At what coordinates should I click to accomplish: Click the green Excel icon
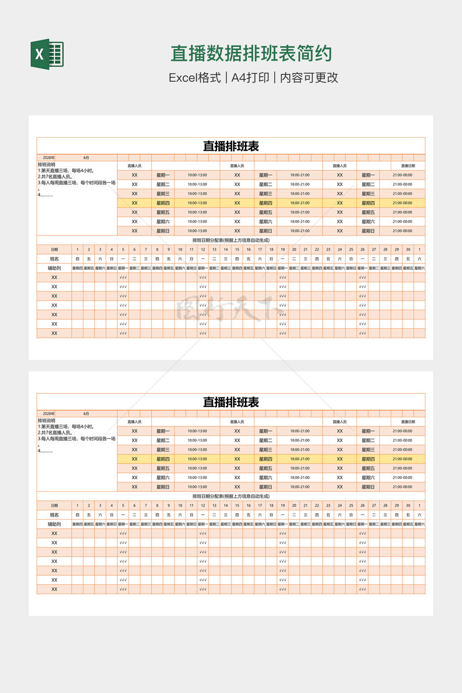(47, 54)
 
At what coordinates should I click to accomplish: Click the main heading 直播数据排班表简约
(251, 54)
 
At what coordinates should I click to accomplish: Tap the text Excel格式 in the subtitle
(194, 78)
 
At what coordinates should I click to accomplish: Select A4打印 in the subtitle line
(250, 78)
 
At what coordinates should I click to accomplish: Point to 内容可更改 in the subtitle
(309, 78)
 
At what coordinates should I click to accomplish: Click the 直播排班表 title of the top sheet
(231, 146)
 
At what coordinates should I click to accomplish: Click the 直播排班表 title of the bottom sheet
(231, 402)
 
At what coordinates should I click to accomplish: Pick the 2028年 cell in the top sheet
(49, 158)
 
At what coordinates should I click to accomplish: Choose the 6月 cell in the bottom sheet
(86, 414)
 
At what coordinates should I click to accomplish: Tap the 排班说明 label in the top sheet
(46, 165)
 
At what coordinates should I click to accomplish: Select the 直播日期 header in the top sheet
(408, 166)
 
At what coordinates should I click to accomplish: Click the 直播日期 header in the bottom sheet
(408, 422)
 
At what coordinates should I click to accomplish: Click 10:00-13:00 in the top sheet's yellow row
(197, 203)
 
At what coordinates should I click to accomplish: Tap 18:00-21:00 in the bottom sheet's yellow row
(300, 459)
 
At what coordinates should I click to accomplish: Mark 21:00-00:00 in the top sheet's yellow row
(402, 203)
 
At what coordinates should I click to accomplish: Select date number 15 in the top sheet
(237, 249)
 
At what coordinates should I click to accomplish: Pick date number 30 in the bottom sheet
(408, 505)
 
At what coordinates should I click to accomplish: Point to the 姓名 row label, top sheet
(54, 259)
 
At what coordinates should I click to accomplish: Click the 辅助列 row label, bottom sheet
(54, 524)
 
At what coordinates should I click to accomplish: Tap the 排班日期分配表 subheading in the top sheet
(231, 240)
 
